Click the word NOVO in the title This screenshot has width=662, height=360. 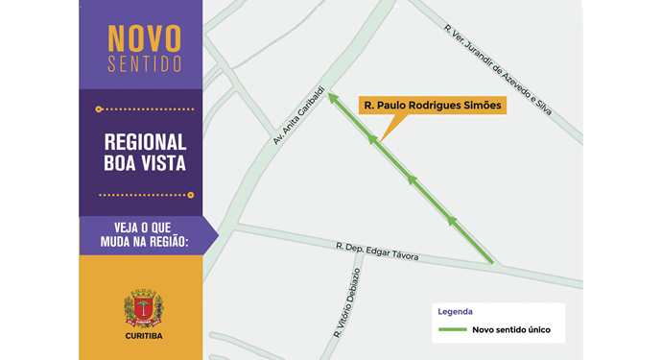pyautogui.click(x=144, y=38)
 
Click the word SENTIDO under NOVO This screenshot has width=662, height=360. pyautogui.click(x=144, y=65)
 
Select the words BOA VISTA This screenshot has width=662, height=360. pyautogui.click(x=145, y=163)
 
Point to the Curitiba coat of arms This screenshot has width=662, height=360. pyautogui.click(x=144, y=309)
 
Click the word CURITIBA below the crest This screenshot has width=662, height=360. pyautogui.click(x=144, y=336)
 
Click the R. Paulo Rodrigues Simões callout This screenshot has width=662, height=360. pyautogui.click(x=432, y=106)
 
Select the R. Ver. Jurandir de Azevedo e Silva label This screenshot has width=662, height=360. pyautogui.click(x=498, y=69)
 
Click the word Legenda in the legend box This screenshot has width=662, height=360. pyautogui.click(x=455, y=312)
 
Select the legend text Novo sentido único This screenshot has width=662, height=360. pyautogui.click(x=510, y=330)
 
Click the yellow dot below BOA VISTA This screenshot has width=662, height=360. pyautogui.click(x=191, y=195)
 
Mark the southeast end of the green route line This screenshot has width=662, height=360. pyautogui.click(x=492, y=261)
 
